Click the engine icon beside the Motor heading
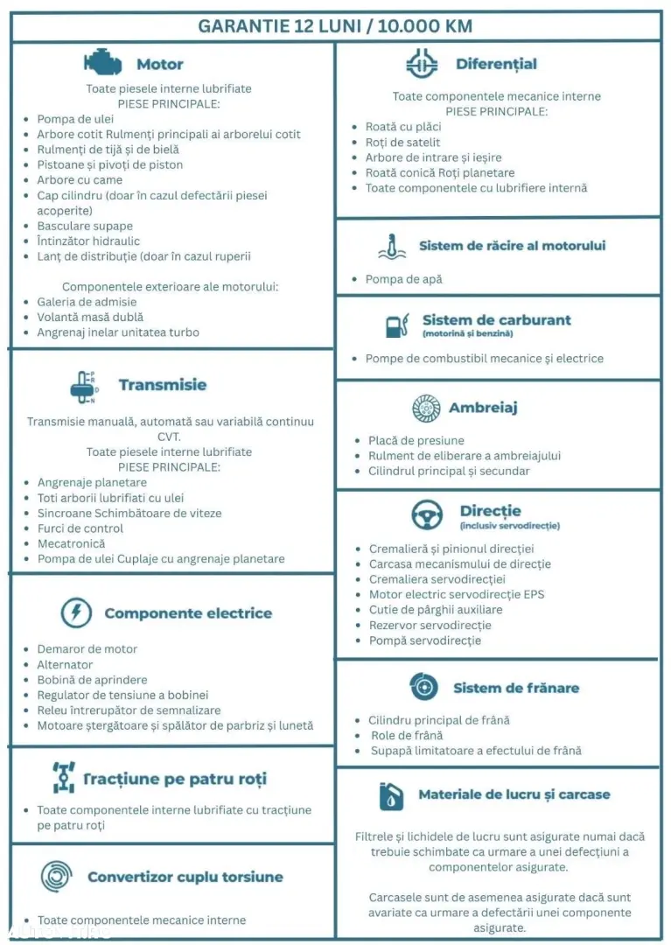pyautogui.click(x=102, y=63)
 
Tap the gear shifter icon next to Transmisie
pyautogui.click(x=82, y=386)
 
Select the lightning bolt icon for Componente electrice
pyautogui.click(x=76, y=612)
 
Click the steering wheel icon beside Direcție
pyautogui.click(x=427, y=515)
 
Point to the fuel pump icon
pyautogui.click(x=396, y=325)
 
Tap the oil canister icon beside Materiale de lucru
pyautogui.click(x=390, y=795)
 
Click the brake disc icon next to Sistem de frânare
pyautogui.click(x=423, y=688)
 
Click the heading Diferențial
pyautogui.click(x=496, y=64)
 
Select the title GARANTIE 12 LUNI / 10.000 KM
pyautogui.click(x=335, y=25)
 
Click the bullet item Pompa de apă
pyautogui.click(x=403, y=279)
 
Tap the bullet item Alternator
pyautogui.click(x=65, y=665)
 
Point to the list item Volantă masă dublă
pyautogui.click(x=90, y=317)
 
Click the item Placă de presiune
pyautogui.click(x=416, y=440)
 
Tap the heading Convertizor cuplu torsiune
pyautogui.click(x=185, y=877)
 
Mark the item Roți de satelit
pyautogui.click(x=402, y=142)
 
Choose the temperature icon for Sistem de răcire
pyautogui.click(x=392, y=246)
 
